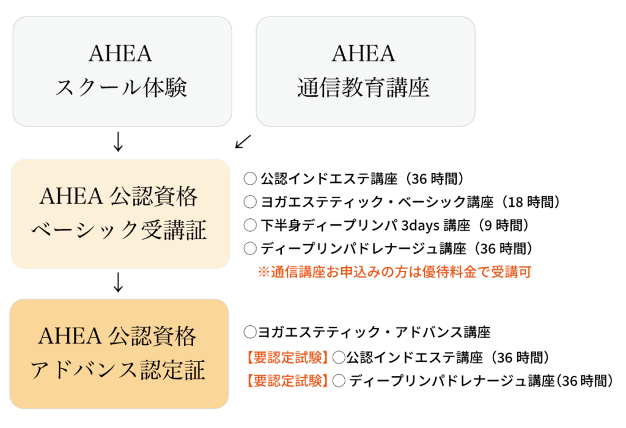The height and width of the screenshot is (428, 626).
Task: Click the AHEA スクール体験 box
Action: (x=122, y=72)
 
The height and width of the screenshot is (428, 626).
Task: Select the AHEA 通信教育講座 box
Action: (x=366, y=72)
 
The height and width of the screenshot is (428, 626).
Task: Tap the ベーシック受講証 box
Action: (x=120, y=214)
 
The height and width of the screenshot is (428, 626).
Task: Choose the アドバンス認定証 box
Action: (x=119, y=354)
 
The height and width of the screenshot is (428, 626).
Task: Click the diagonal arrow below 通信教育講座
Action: (x=243, y=142)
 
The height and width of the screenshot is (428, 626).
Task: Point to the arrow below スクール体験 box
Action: (x=118, y=141)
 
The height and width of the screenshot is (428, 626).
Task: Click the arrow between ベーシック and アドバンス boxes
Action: (x=118, y=282)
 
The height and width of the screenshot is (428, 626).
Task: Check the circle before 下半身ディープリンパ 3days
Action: (x=250, y=225)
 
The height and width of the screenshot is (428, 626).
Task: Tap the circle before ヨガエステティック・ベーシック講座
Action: (x=250, y=202)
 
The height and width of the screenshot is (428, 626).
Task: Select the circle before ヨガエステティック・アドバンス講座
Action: (x=250, y=332)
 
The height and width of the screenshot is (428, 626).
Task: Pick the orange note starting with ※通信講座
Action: (x=394, y=272)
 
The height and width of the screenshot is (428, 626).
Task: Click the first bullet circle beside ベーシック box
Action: (x=250, y=179)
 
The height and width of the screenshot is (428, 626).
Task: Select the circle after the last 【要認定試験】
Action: (x=339, y=381)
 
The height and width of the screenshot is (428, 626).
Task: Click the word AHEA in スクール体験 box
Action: (x=120, y=54)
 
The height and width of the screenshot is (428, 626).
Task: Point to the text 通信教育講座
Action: (x=363, y=87)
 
